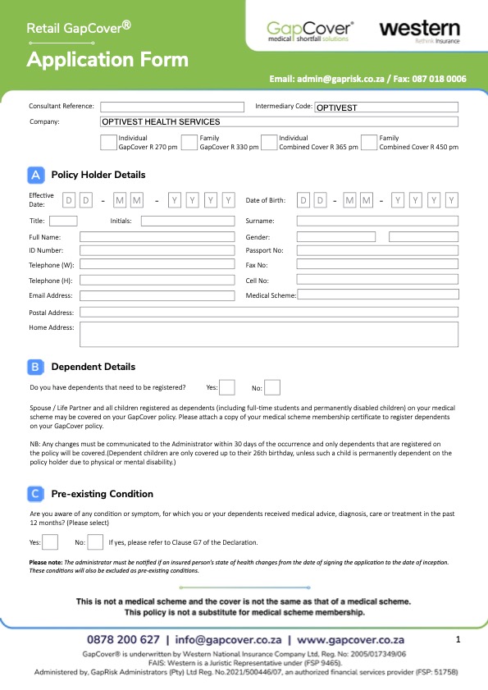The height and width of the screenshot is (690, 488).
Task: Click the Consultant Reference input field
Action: click(172, 107)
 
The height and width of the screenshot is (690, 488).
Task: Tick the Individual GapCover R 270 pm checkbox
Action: click(108, 143)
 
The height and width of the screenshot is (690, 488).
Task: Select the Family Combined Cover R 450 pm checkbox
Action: click(369, 143)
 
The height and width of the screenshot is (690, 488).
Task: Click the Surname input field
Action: click(377, 221)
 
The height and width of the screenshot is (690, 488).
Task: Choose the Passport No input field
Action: click(377, 250)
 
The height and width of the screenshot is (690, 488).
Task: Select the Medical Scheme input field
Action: click(377, 295)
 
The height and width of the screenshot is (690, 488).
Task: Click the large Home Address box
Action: click(268, 334)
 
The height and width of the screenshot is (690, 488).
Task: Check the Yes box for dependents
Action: click(227, 387)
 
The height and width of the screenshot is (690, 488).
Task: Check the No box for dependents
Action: click(272, 387)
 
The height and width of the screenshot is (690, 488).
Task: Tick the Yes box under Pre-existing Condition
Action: click(50, 541)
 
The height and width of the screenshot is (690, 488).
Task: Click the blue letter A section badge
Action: click(35, 175)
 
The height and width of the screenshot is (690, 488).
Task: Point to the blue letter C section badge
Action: click(35, 494)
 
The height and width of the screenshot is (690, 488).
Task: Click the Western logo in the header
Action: click(419, 31)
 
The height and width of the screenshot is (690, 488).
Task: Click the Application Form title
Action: click(107, 59)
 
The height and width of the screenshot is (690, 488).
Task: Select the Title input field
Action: click(63, 221)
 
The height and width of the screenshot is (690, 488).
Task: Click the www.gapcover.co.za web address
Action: click(365, 639)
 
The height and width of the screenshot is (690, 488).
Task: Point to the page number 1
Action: click(458, 638)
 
